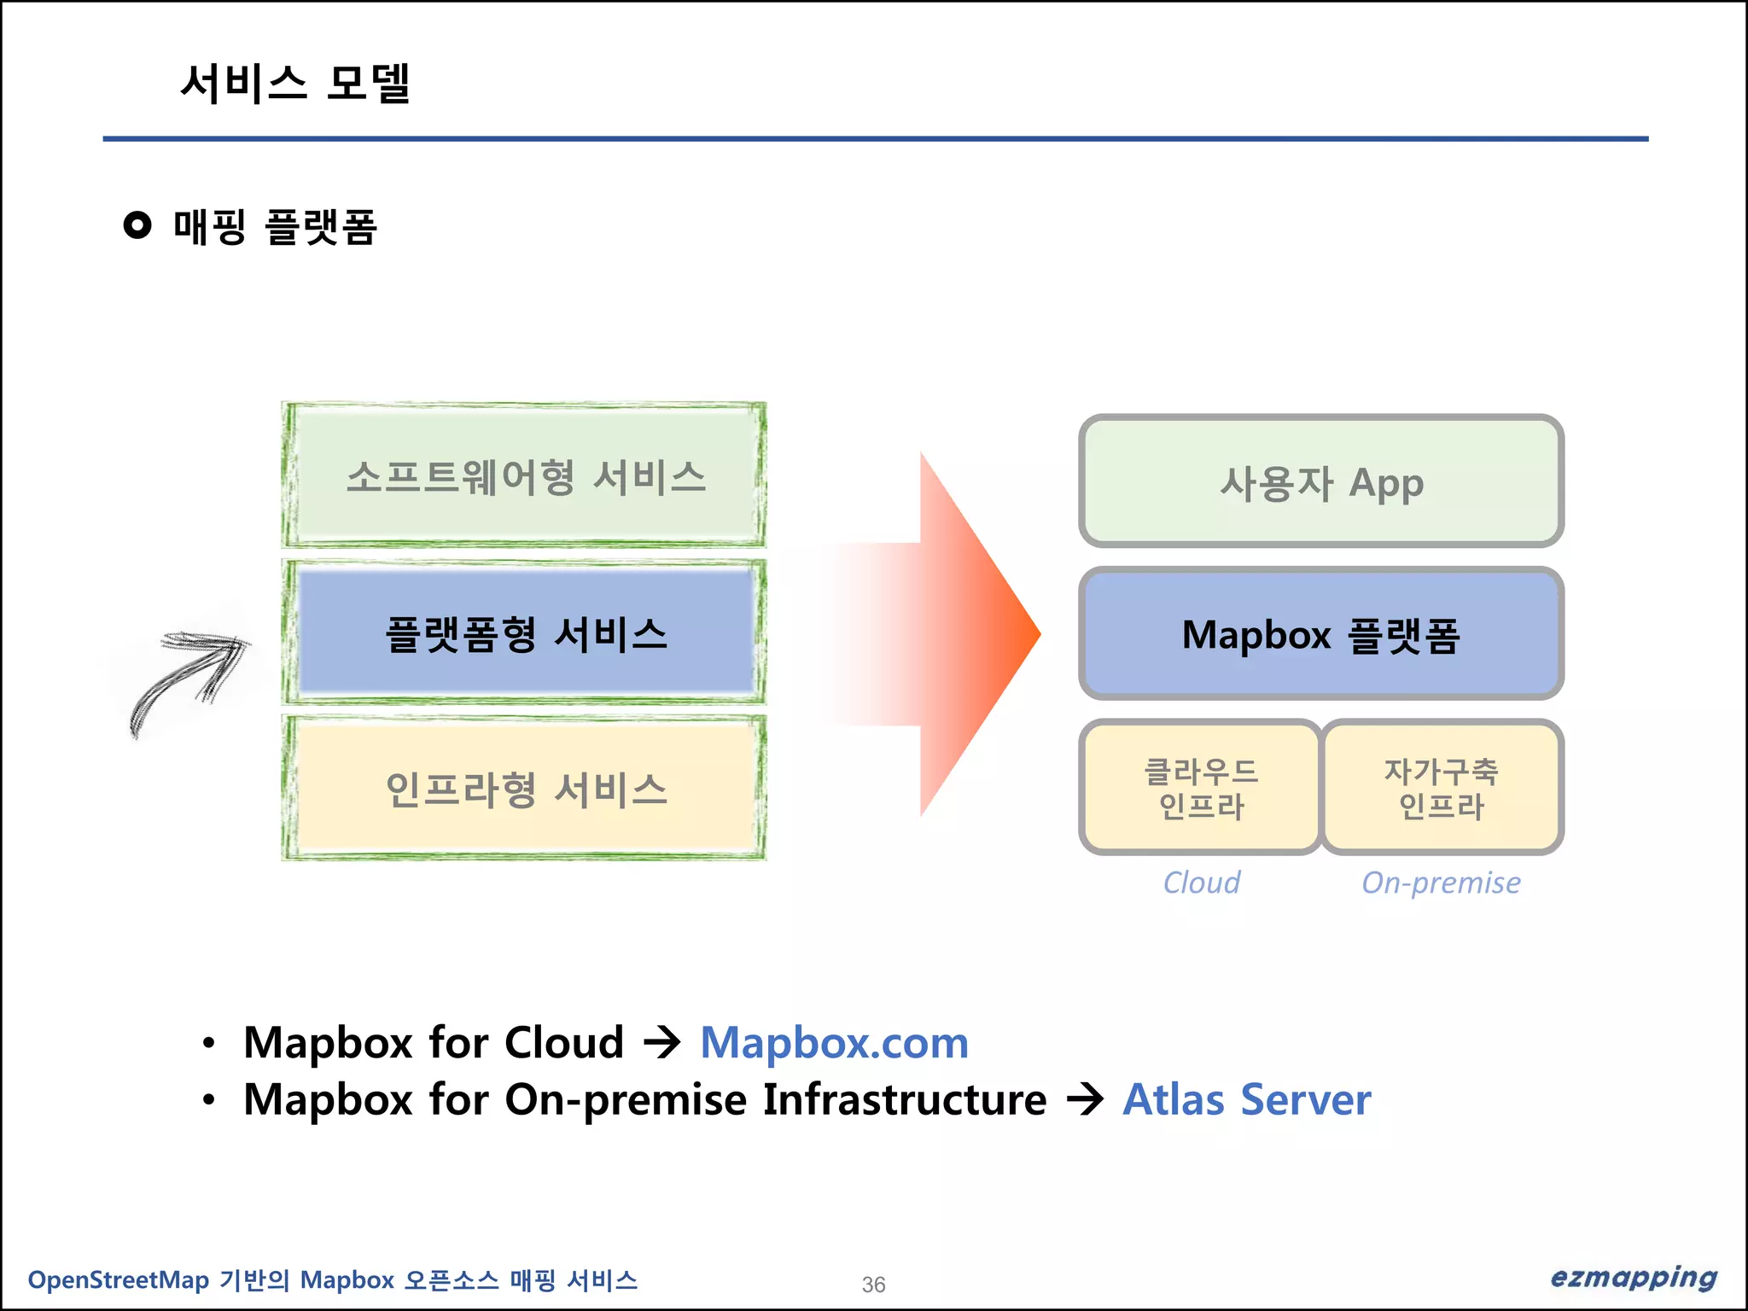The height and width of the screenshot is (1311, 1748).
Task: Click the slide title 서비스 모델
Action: click(x=295, y=84)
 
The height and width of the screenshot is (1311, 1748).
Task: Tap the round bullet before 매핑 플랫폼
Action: click(x=137, y=225)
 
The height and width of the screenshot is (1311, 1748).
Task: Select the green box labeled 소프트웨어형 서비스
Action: click(x=524, y=475)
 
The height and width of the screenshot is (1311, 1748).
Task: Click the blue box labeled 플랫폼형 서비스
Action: click(x=524, y=632)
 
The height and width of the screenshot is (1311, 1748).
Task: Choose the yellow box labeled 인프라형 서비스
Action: click(x=524, y=789)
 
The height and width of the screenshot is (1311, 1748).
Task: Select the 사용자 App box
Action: click(x=1321, y=481)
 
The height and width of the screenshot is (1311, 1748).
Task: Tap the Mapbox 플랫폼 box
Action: click(x=1321, y=634)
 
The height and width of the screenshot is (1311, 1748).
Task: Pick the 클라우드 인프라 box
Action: click(x=1201, y=788)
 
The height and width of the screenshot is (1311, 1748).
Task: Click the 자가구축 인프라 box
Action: click(x=1442, y=788)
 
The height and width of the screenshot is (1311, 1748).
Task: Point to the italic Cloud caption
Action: click(x=1201, y=883)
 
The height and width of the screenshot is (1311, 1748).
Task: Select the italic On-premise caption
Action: click(x=1441, y=883)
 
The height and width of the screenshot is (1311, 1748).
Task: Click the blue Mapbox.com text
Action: click(x=834, y=1043)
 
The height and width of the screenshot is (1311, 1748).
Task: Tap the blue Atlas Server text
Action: click(x=1246, y=1099)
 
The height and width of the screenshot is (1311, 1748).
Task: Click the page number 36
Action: click(x=873, y=1285)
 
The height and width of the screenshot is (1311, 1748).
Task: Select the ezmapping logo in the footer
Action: click(x=1633, y=1278)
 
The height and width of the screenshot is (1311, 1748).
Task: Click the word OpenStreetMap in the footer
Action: click(x=118, y=1280)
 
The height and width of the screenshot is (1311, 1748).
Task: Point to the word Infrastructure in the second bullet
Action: click(x=904, y=1099)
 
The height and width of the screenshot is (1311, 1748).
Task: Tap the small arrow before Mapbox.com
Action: click(x=661, y=1043)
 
